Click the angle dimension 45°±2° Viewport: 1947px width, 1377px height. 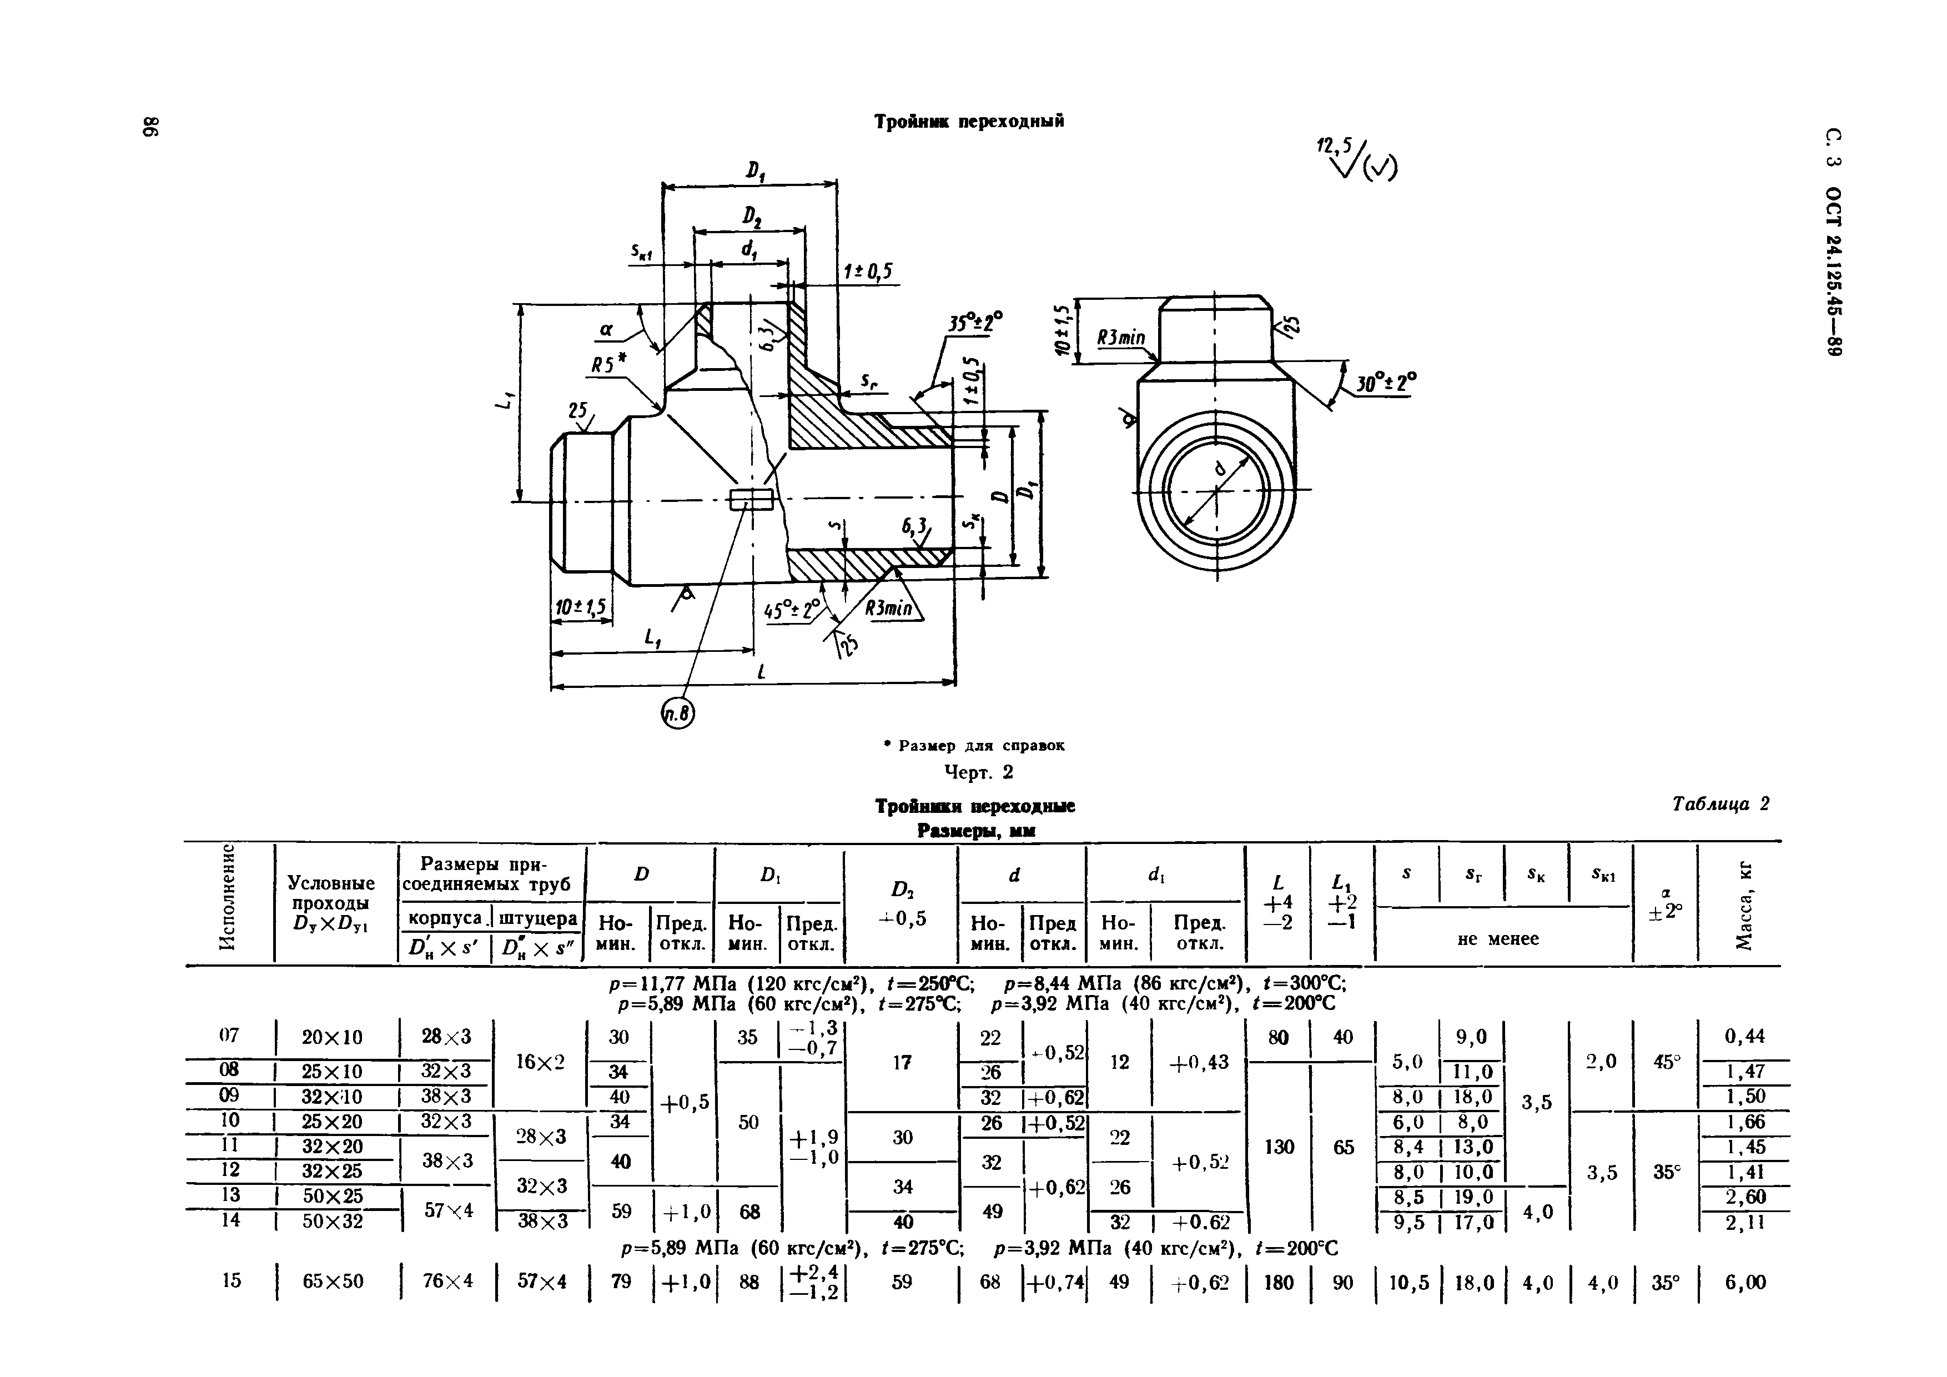[792, 610]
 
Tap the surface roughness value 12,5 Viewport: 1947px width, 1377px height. [1334, 145]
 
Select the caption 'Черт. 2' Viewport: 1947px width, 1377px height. [979, 772]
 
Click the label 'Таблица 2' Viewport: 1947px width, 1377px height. [1720, 804]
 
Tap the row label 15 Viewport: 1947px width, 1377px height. [232, 1280]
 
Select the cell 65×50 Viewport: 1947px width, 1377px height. [333, 1281]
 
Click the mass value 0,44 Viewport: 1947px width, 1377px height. [1744, 1036]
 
